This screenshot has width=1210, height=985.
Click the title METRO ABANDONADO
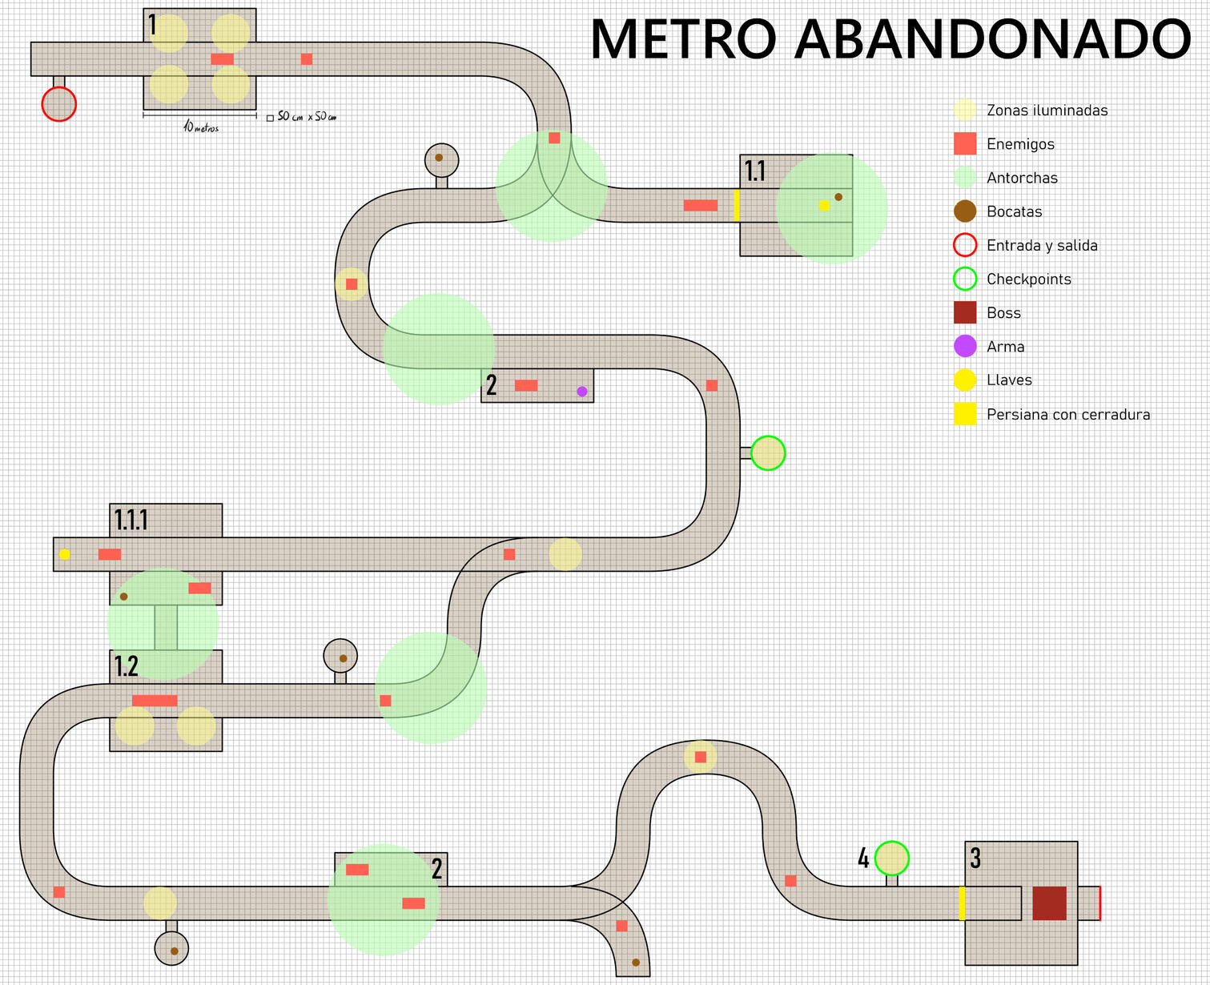[890, 38]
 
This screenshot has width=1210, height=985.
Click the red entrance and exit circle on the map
[58, 104]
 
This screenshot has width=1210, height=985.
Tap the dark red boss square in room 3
[1049, 903]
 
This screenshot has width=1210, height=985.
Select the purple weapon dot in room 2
[582, 392]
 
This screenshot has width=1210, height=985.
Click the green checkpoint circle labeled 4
[891, 858]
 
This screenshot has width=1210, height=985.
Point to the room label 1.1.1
[131, 521]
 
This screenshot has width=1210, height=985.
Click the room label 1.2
[126, 666]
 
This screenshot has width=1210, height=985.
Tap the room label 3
[975, 858]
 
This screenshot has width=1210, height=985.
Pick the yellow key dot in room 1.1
[824, 206]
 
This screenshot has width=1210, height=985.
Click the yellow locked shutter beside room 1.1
[737, 205]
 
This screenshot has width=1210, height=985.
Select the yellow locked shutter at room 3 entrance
[962, 903]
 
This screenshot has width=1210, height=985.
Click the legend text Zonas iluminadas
[1047, 111]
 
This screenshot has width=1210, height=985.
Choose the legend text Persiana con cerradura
[1068, 415]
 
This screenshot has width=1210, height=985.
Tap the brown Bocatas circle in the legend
[965, 211]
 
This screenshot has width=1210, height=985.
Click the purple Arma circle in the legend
[965, 346]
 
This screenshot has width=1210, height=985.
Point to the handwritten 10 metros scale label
[201, 127]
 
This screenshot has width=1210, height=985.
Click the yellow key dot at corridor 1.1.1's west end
[65, 554]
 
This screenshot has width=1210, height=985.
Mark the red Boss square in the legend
[965, 312]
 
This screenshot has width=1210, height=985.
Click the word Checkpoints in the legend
[1029, 279]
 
